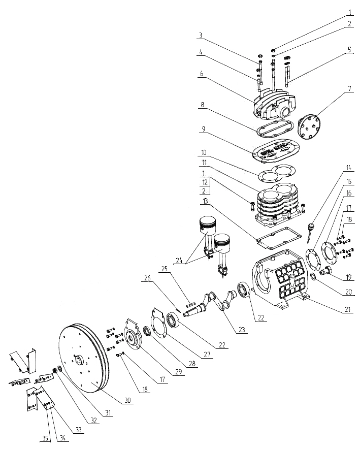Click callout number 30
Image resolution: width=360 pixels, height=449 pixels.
(x=128, y=400)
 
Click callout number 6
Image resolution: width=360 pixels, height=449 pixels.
(x=202, y=73)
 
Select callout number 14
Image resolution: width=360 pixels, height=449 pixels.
(x=348, y=168)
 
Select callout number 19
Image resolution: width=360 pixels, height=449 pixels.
(x=348, y=277)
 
